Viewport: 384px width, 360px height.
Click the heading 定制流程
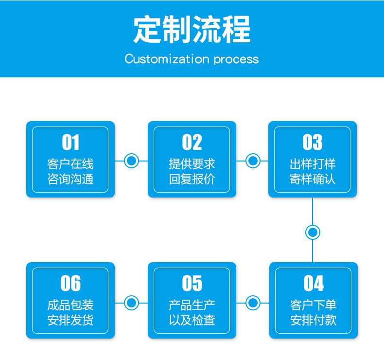[x=192, y=29]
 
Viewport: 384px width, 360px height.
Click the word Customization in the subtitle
[x=167, y=59]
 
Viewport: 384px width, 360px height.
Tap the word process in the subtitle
[x=236, y=60]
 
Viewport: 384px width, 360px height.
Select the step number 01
[x=70, y=142]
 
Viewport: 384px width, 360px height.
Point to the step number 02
[x=192, y=142]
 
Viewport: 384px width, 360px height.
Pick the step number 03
[x=313, y=142]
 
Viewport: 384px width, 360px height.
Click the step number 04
[x=314, y=283]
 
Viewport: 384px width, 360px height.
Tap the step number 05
[x=192, y=283]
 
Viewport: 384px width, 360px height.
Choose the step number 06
[x=70, y=283]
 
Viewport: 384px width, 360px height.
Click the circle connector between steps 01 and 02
[x=132, y=161]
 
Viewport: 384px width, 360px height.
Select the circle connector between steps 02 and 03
[x=253, y=161]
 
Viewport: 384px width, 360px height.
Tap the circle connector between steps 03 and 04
[x=313, y=232]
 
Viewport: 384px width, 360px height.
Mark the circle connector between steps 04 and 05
[x=253, y=303]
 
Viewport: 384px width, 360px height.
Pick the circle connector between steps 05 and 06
[x=132, y=303]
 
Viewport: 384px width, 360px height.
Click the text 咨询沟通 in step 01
[x=70, y=179]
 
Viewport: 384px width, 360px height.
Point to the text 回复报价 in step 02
[x=192, y=179]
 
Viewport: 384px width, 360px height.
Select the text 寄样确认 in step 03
[x=313, y=179]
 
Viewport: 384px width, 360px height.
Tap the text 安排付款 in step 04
[x=314, y=320]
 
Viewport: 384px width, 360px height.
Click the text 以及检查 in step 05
[x=192, y=320]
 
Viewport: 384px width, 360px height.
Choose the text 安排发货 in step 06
[x=70, y=320]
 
